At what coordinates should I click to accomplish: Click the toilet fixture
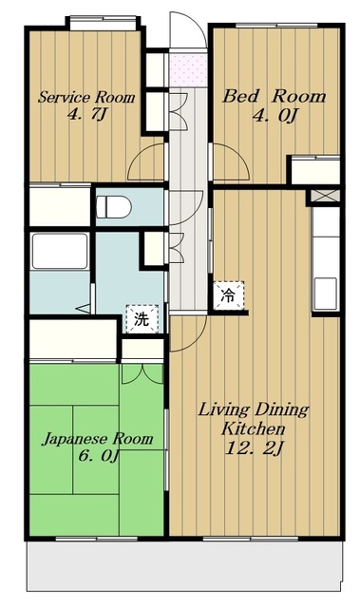tap(114, 207)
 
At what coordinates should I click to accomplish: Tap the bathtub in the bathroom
tap(60, 251)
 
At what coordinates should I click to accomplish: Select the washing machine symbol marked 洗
tap(142, 319)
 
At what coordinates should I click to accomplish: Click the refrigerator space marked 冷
tap(229, 295)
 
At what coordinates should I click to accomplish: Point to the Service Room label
tap(86, 97)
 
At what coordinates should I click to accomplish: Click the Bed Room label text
tap(274, 96)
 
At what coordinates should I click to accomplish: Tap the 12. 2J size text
tap(255, 448)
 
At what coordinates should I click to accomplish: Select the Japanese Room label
tap(97, 439)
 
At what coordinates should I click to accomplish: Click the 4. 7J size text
tap(86, 114)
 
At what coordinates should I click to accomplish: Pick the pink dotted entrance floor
tap(188, 71)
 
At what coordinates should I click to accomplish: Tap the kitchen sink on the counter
tap(326, 294)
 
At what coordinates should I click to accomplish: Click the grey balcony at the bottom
tap(184, 566)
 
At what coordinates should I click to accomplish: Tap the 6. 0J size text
tap(98, 456)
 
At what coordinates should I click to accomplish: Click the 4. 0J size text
tap(275, 115)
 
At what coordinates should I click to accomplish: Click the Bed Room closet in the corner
tap(315, 171)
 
